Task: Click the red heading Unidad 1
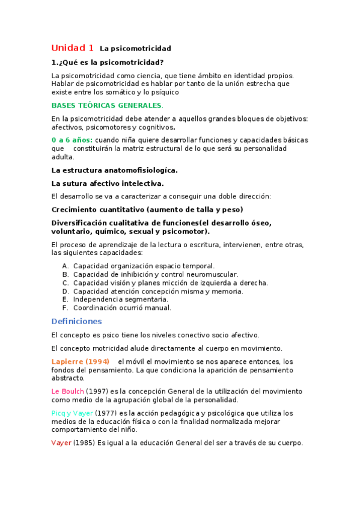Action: point(72,48)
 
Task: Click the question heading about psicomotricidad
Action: point(108,62)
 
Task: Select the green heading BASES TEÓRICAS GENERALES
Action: point(103,105)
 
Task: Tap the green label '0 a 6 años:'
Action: point(72,140)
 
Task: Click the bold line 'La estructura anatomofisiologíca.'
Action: point(114,170)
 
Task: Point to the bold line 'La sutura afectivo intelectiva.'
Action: point(108,183)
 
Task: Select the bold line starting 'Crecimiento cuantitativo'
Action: point(147,209)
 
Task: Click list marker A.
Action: point(66,265)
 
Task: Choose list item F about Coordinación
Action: point(122,307)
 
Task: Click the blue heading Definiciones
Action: point(76,321)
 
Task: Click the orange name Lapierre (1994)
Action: point(81,361)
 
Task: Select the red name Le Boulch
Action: point(68,391)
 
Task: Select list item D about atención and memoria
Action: point(157,290)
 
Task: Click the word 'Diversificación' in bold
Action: point(85,223)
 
